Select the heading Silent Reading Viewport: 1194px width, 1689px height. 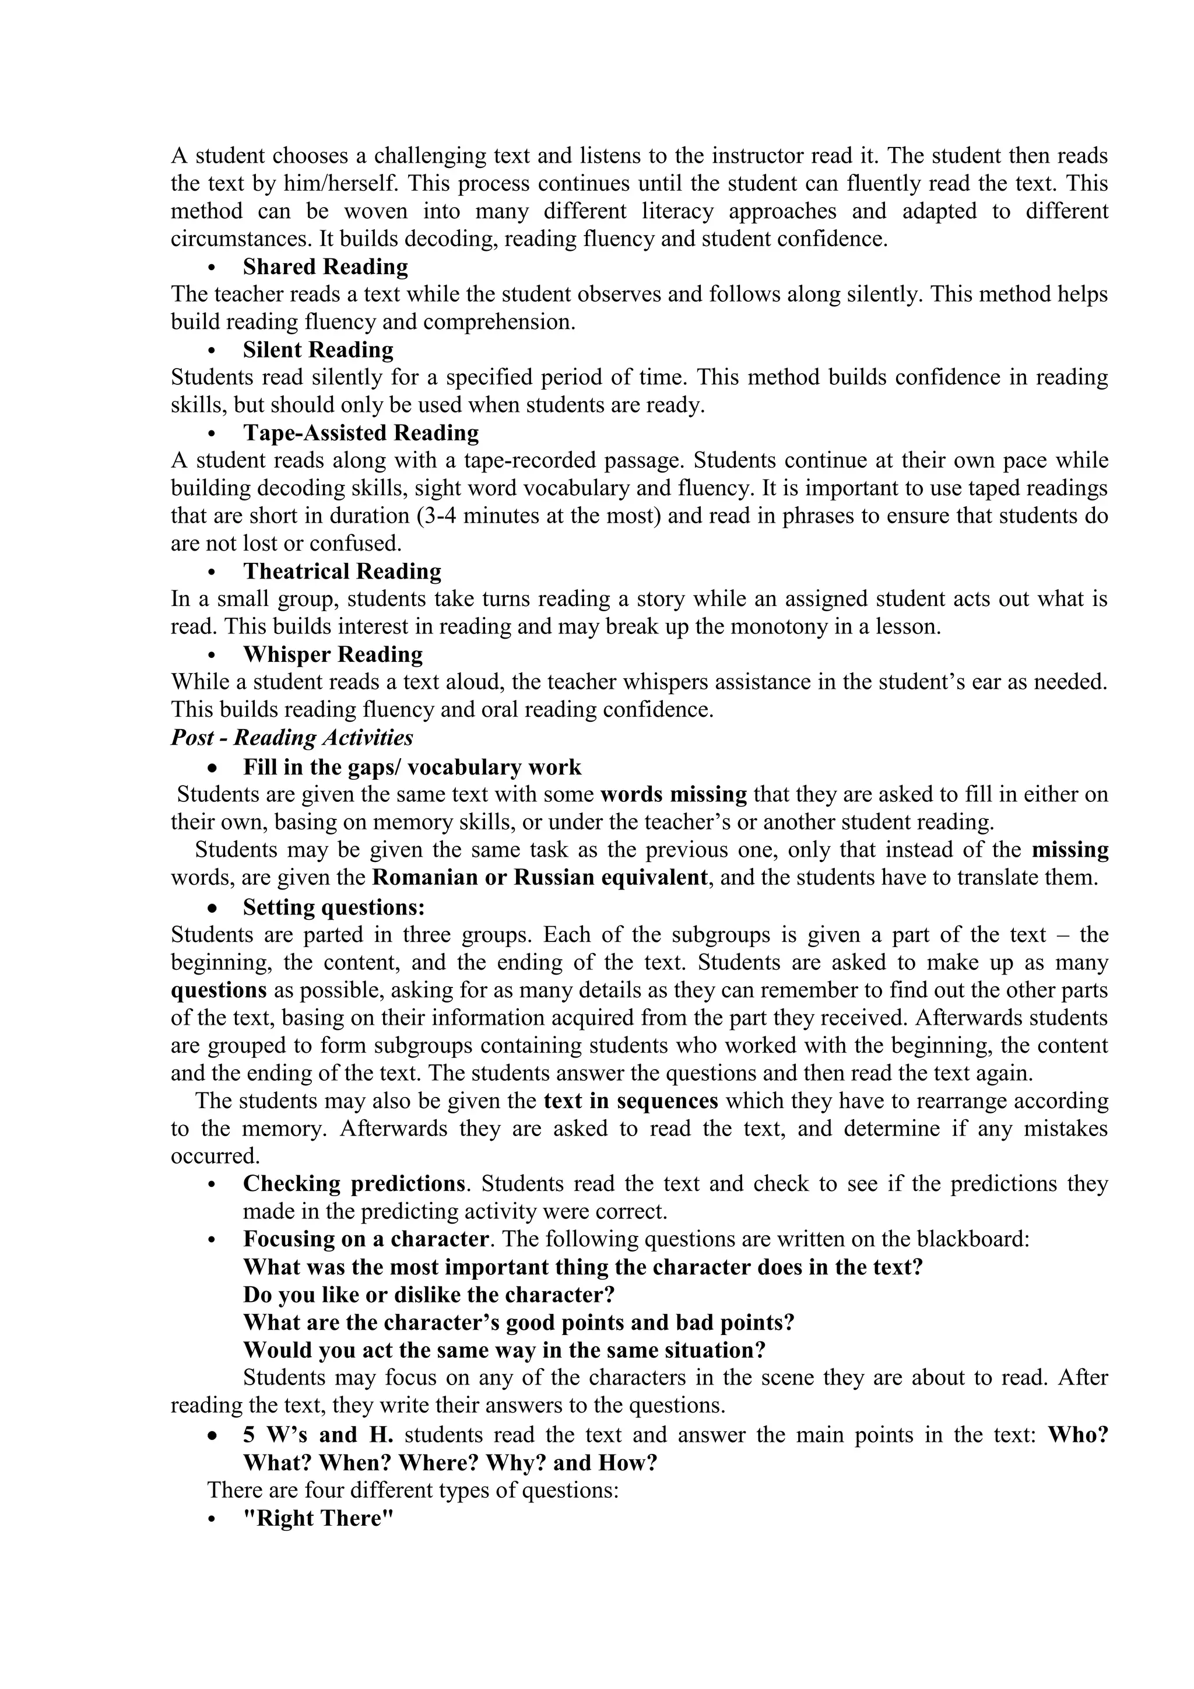coord(318,349)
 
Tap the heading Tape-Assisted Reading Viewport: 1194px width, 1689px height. coord(360,433)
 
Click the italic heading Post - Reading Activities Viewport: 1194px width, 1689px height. coord(292,737)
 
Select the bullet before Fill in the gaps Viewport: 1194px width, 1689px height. coord(212,768)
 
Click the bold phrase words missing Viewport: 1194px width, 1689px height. coord(673,794)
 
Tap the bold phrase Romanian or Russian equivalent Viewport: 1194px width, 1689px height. coord(540,878)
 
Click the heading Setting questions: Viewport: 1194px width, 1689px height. coord(335,906)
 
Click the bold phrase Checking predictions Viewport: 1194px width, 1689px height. coord(354,1183)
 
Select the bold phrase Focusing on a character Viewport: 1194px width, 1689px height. coord(366,1239)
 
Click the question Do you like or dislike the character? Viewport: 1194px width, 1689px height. coord(429,1294)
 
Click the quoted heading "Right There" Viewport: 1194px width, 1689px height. coord(318,1518)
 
